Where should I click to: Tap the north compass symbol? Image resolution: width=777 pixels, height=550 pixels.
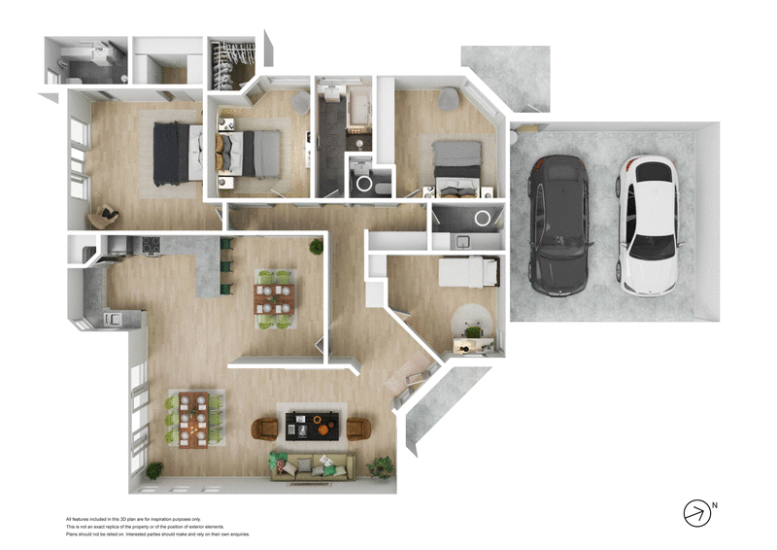click(698, 513)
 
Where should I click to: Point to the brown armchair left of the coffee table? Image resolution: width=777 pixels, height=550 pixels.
click(265, 428)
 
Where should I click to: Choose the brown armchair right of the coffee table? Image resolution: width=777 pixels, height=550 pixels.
click(358, 428)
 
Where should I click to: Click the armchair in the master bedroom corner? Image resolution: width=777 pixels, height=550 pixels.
click(105, 216)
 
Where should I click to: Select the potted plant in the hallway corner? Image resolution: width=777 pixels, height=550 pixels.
click(317, 247)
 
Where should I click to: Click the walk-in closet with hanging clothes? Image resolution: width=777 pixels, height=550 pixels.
click(233, 63)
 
